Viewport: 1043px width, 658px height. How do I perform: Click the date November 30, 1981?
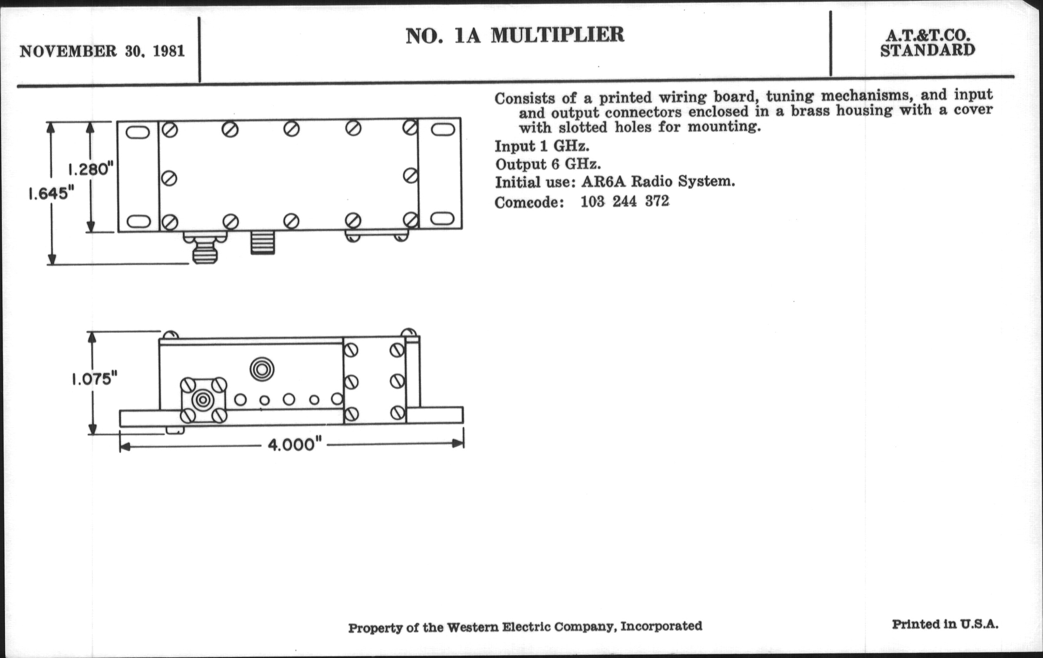(102, 51)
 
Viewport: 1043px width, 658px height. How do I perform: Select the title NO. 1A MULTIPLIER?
(515, 35)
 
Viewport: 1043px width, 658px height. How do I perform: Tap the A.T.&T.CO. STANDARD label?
(928, 43)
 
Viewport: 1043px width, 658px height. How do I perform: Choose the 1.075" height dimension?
(95, 380)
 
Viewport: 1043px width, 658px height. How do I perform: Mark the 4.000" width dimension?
(295, 445)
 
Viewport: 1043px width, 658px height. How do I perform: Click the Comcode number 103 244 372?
(625, 202)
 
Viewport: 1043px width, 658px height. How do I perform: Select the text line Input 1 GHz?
(542, 146)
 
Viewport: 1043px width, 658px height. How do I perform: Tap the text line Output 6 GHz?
(548, 164)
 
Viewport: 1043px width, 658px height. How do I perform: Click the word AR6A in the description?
(603, 182)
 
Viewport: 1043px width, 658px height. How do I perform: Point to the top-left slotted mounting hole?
(138, 132)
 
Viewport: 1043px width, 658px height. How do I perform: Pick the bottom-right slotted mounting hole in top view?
(443, 219)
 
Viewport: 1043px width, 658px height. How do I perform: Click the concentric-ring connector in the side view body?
(262, 370)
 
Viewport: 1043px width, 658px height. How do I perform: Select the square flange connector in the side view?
(203, 399)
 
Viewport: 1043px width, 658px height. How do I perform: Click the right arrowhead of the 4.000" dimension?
(458, 443)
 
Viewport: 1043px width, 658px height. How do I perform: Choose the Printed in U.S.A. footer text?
(945, 625)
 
